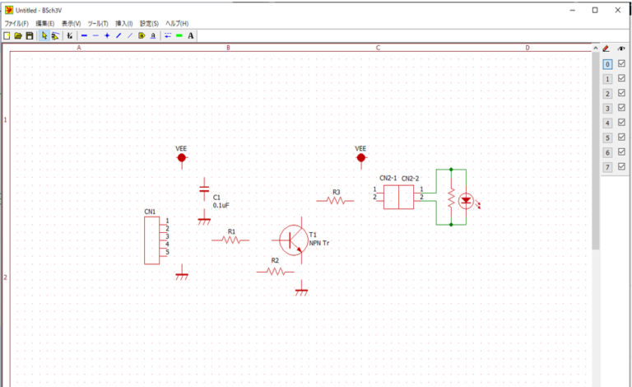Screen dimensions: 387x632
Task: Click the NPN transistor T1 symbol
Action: pos(293,240)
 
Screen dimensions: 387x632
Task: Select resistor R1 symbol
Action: pos(230,240)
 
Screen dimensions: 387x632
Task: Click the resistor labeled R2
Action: pos(275,271)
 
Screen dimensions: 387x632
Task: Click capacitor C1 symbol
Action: pos(204,190)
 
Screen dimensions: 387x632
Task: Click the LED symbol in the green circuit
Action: pos(465,199)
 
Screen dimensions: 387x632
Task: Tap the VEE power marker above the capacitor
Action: pos(181,156)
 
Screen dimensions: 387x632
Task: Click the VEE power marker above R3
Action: pos(360,156)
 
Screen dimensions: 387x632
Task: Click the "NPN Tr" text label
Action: pos(320,244)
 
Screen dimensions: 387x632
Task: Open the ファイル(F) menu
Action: pos(16,23)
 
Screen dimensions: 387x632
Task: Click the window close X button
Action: pos(618,10)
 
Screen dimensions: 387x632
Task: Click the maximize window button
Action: pos(595,10)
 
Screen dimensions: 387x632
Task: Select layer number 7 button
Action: pos(607,167)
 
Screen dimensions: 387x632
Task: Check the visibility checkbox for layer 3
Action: pos(621,108)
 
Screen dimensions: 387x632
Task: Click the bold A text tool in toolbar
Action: pos(191,36)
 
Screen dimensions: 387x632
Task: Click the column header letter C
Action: pos(378,48)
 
